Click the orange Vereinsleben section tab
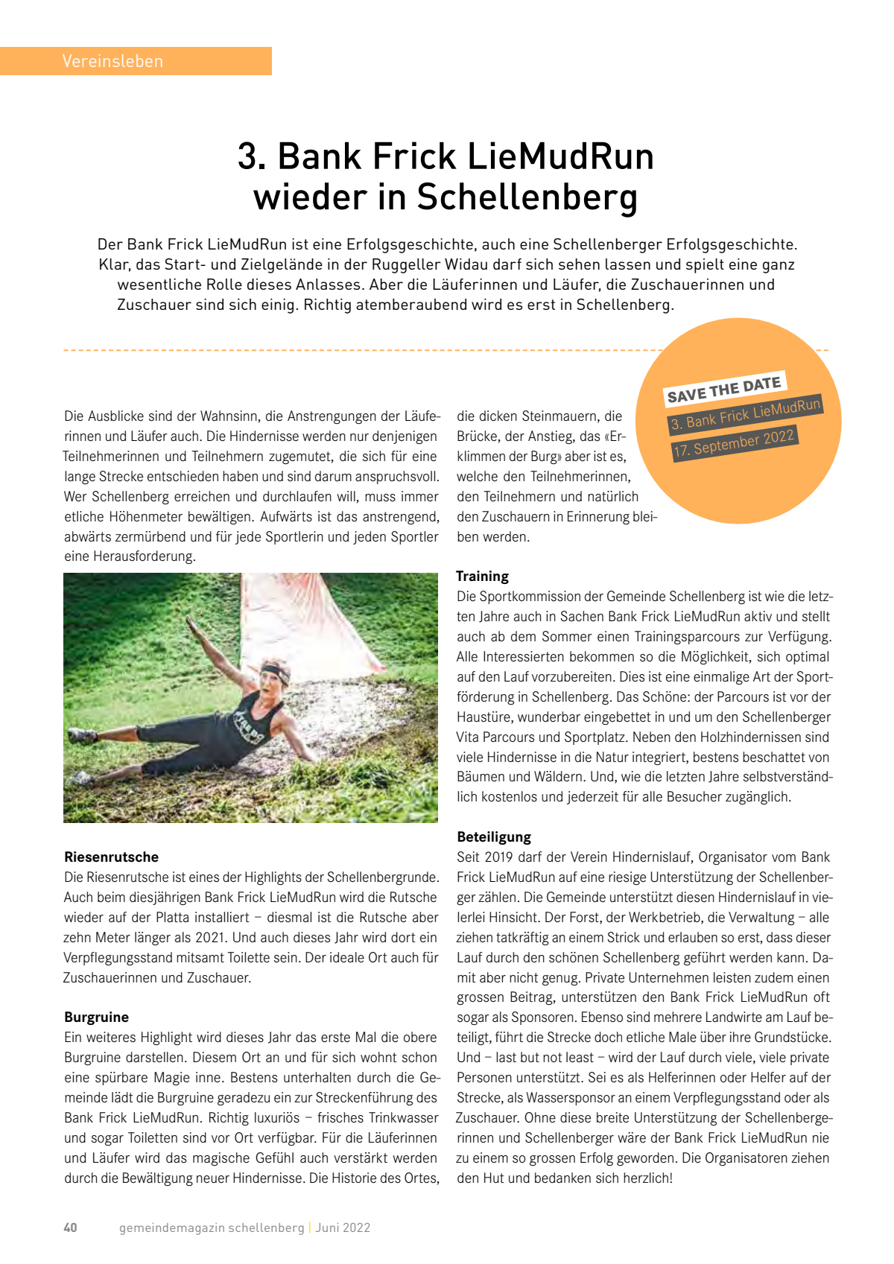[x=136, y=61]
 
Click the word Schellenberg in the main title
[x=527, y=197]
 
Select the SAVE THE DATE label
[x=723, y=390]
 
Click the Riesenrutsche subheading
[x=111, y=857]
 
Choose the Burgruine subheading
[x=96, y=1017]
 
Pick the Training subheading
[x=482, y=577]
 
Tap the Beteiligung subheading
[x=494, y=837]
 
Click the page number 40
[x=70, y=1228]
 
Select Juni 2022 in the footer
[x=343, y=1228]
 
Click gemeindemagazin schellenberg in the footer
[x=212, y=1228]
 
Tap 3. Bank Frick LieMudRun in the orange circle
[x=745, y=415]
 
